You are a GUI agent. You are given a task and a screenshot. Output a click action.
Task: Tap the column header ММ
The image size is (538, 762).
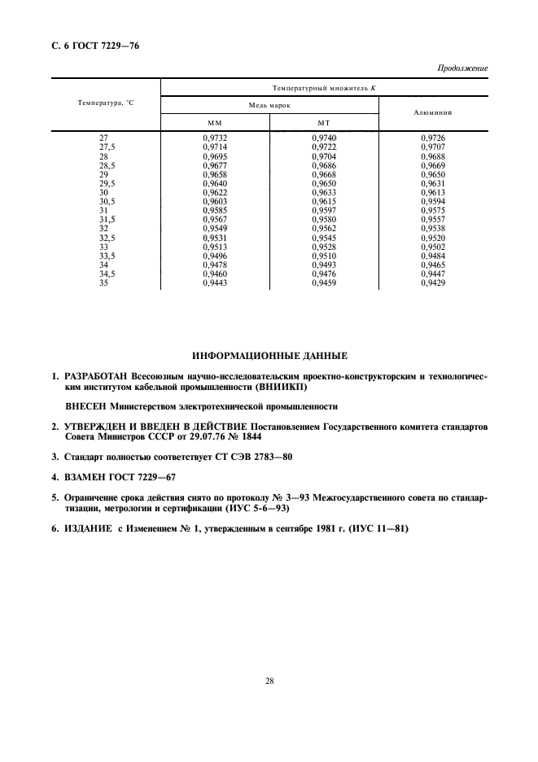(x=215, y=122)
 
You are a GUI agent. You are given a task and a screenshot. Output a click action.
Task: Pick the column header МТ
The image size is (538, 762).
(x=323, y=122)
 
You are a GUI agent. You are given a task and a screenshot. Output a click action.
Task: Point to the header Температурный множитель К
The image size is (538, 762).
(x=324, y=86)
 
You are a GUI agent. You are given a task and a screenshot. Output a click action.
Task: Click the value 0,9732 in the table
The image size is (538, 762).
(x=216, y=138)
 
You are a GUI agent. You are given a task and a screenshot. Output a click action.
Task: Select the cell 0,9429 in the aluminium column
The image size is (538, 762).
(x=433, y=284)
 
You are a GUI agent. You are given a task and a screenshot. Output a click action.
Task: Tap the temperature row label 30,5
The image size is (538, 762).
(x=104, y=202)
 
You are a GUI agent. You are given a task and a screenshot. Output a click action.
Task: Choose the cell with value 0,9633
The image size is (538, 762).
(x=325, y=193)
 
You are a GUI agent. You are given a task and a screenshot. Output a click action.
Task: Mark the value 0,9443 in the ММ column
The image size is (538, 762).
(x=216, y=284)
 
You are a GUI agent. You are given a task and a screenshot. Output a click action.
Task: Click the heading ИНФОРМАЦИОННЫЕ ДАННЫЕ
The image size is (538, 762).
(x=269, y=357)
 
